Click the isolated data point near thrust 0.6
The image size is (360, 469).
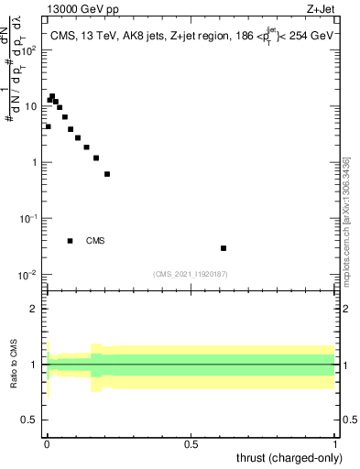(x=224, y=248)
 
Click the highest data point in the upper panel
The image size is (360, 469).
(x=52, y=96)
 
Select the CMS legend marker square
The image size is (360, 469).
(x=71, y=241)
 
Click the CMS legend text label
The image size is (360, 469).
(x=95, y=242)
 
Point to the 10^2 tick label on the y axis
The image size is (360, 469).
(x=30, y=50)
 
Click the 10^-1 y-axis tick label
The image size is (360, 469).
(x=30, y=219)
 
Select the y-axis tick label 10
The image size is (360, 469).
(x=32, y=106)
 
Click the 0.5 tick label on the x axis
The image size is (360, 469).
(x=191, y=443)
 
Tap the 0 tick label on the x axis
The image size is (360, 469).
(x=47, y=443)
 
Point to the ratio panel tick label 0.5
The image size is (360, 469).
(x=32, y=420)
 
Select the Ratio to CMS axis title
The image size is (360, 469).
(x=14, y=365)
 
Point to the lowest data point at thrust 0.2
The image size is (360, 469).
(x=107, y=174)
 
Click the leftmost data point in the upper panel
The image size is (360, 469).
(x=48, y=126)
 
